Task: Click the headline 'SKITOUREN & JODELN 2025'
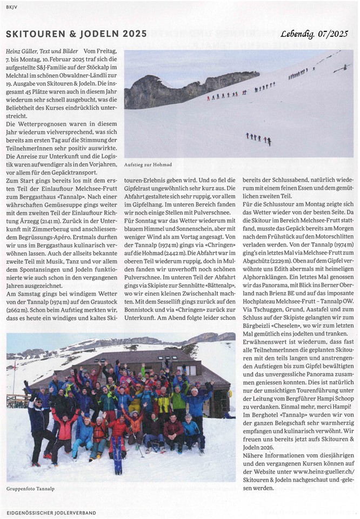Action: (76, 34)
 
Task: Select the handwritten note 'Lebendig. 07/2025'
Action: (314, 34)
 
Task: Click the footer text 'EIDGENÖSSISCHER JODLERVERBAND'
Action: (52, 512)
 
